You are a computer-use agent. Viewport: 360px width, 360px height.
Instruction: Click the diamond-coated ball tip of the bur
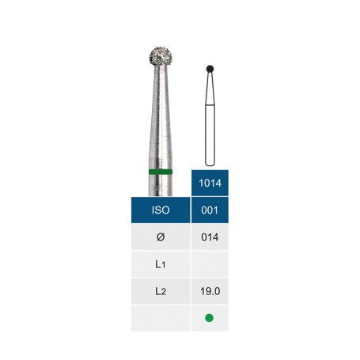(161, 56)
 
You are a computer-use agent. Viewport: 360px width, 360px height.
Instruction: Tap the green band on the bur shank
(161, 172)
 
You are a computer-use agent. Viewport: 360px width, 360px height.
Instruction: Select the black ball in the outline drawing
(210, 69)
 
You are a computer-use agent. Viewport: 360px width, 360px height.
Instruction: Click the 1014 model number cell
(210, 183)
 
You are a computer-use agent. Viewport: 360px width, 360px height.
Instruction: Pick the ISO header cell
(161, 210)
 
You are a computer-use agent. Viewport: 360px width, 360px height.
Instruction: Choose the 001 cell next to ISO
(210, 210)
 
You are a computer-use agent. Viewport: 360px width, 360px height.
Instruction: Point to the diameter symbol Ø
(161, 237)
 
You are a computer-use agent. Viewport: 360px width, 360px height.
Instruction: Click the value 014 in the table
(210, 237)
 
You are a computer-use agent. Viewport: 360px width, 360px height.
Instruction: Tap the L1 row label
(161, 264)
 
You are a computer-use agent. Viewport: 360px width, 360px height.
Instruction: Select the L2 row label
(161, 291)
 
